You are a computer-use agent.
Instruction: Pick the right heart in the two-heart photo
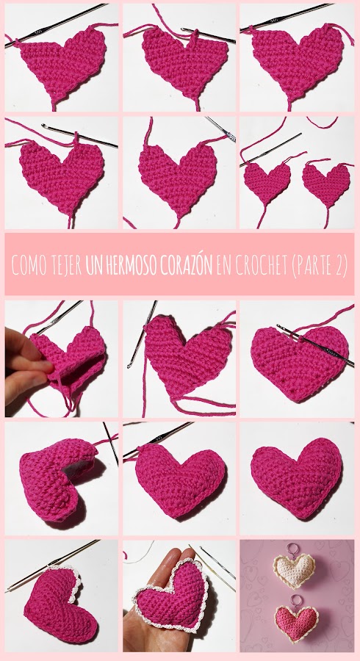(327, 181)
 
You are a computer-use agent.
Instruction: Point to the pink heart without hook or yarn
(297, 477)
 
